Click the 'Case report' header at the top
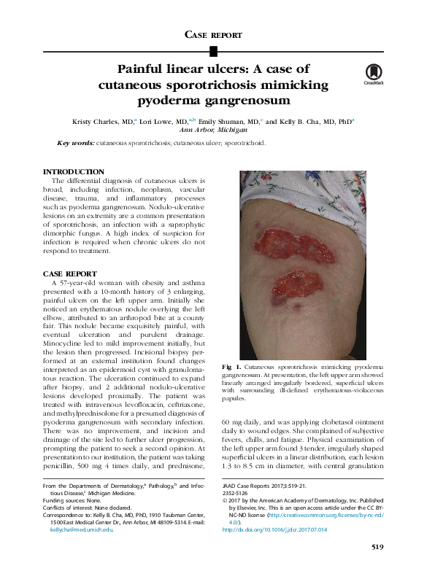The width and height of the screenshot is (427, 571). coord(213,34)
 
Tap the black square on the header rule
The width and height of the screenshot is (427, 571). coord(213,50)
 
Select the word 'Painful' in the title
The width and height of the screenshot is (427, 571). coord(144,69)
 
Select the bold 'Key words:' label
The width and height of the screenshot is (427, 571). coord(76,143)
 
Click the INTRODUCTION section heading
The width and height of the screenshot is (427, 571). coord(75,172)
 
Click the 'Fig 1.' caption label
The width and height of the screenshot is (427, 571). coord(250,365)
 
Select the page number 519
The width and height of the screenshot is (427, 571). coord(377,547)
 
